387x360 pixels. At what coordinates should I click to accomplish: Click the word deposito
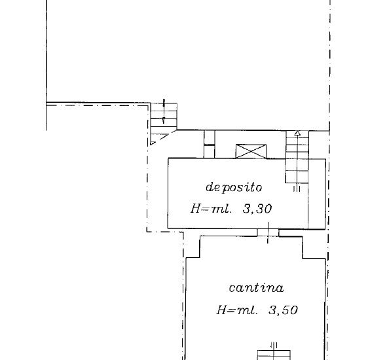click(234, 187)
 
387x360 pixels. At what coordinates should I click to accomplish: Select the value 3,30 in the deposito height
click(257, 209)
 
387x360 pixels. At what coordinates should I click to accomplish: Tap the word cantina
click(256, 288)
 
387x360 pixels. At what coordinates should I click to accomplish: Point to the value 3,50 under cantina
click(283, 310)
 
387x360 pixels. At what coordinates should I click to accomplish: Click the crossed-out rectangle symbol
click(251, 151)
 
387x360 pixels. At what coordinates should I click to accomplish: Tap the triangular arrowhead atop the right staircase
click(297, 134)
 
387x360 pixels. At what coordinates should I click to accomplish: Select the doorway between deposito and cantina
click(268, 232)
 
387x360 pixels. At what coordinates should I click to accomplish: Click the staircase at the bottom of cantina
click(274, 355)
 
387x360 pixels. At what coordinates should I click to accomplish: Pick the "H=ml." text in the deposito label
click(212, 209)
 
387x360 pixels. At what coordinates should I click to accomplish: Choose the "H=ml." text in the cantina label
click(237, 310)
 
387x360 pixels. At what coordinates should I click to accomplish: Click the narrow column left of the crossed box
click(210, 144)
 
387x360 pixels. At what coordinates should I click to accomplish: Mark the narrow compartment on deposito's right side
click(317, 194)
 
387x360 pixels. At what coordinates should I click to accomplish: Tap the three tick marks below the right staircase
click(297, 189)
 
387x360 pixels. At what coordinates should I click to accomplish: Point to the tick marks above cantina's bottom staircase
click(274, 345)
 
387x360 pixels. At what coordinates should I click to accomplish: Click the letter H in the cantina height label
click(221, 310)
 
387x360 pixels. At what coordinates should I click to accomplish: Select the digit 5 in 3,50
click(285, 310)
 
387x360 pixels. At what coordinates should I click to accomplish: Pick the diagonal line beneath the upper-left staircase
click(163, 137)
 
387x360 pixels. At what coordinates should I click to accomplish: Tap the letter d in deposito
click(209, 187)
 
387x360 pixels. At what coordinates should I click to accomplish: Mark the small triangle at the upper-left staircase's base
click(152, 143)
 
